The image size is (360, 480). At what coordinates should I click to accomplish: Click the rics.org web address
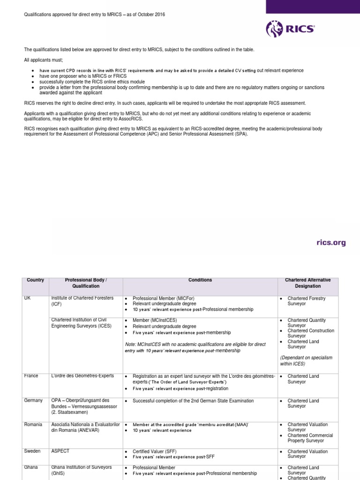(x=330, y=242)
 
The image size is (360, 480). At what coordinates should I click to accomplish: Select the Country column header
(x=35, y=280)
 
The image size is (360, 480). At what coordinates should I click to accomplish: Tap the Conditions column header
(x=200, y=280)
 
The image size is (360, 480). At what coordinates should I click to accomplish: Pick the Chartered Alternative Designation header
(x=308, y=283)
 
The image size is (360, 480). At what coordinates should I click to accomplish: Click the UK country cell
(x=27, y=299)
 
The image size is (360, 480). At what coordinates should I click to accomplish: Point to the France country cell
(x=31, y=376)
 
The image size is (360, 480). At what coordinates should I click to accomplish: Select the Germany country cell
(x=33, y=400)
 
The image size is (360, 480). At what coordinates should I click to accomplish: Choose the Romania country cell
(x=33, y=424)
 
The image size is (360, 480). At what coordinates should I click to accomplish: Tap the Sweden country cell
(x=32, y=451)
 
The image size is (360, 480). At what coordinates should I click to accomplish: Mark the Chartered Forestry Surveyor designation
(x=306, y=301)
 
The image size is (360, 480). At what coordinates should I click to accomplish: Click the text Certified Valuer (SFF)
(x=155, y=451)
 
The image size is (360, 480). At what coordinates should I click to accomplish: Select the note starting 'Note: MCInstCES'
(x=195, y=347)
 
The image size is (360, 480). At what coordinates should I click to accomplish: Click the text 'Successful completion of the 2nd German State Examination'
(x=193, y=401)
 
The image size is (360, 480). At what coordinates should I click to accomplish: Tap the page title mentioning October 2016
(x=94, y=15)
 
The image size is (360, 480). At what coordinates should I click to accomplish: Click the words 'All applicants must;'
(x=44, y=60)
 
